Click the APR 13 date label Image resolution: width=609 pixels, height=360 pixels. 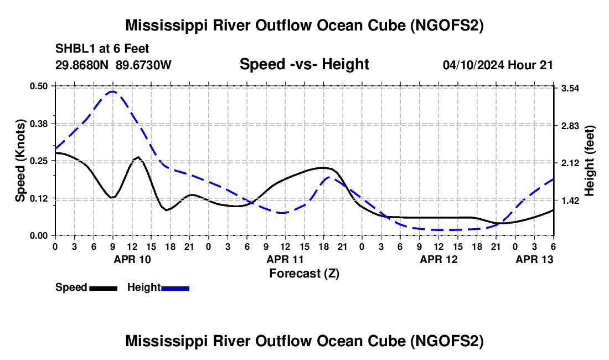[x=534, y=259]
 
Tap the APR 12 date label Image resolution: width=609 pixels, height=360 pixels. [x=438, y=259]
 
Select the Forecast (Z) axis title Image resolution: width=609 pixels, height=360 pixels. [x=304, y=273]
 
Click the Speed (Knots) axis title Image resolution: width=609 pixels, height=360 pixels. [x=20, y=161]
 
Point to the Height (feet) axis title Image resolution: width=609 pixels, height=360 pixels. [x=590, y=161]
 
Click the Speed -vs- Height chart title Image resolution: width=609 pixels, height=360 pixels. [x=304, y=64]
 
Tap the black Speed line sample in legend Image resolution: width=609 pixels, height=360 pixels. [x=103, y=287]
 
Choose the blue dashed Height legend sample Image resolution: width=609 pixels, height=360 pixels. [x=176, y=287]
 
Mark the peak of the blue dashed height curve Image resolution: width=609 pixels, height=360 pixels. [x=112, y=91]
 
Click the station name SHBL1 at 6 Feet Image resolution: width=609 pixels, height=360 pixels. [x=102, y=49]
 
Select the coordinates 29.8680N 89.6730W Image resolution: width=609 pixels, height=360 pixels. [x=113, y=65]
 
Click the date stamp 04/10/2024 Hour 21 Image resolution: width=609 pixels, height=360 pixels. [x=498, y=65]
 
